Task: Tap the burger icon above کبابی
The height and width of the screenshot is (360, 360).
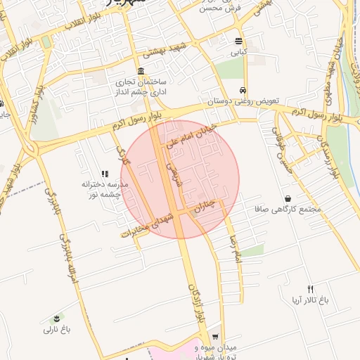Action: click(240, 41)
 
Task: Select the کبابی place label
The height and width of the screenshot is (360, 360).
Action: click(240, 52)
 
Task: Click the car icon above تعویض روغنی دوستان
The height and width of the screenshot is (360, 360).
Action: click(243, 90)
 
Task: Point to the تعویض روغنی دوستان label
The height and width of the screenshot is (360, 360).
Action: click(243, 101)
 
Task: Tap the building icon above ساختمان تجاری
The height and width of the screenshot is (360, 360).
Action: click(142, 72)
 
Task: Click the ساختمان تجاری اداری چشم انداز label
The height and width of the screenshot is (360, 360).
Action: click(143, 86)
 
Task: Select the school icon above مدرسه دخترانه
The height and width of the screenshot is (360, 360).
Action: click(105, 174)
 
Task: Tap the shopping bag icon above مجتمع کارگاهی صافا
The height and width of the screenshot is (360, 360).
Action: click(289, 199)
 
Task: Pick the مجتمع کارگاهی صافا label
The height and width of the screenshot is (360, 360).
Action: click(290, 210)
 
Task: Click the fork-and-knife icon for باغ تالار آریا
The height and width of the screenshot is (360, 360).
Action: click(310, 290)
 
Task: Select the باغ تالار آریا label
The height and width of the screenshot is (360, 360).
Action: click(310, 301)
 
